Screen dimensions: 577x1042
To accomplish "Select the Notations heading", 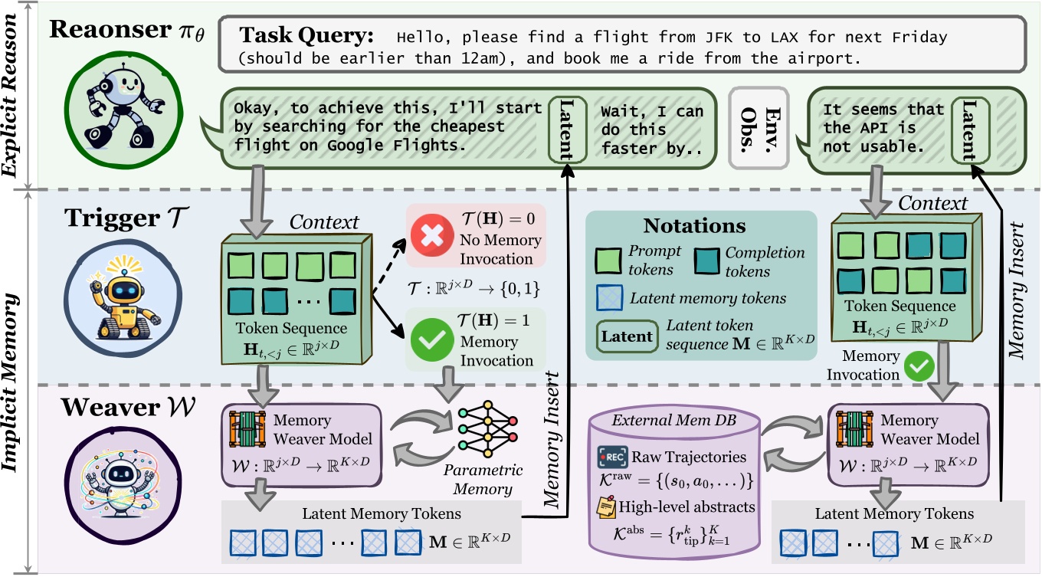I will point(694,225).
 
